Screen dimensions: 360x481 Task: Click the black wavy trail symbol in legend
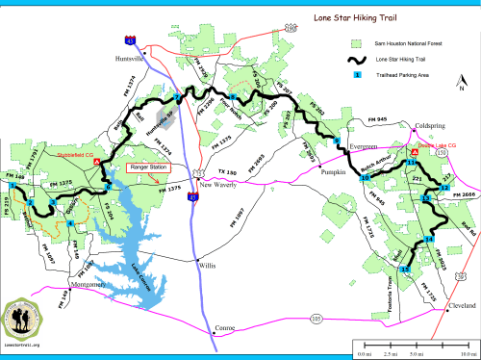coord(357,60)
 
